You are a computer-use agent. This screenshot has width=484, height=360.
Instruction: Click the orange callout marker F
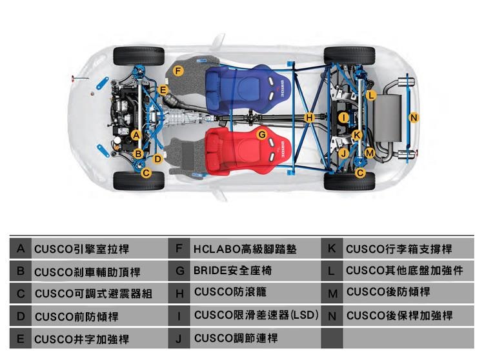[178, 71]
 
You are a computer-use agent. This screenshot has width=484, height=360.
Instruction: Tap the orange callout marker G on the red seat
[262, 134]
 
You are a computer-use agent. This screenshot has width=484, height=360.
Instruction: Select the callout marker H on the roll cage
[309, 117]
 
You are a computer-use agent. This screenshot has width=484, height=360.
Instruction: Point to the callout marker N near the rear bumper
[414, 117]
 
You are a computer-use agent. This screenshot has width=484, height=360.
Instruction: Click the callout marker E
[163, 90]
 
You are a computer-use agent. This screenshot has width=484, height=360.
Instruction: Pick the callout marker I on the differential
[343, 117]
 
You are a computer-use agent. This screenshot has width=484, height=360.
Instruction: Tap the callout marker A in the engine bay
[136, 135]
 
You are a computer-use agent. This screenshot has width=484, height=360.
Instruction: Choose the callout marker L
[371, 95]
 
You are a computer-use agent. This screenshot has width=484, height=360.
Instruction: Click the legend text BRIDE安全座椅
[232, 270]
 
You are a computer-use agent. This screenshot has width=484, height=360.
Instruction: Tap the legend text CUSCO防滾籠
[230, 292]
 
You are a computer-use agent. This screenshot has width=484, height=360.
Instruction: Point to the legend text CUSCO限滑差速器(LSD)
[256, 315]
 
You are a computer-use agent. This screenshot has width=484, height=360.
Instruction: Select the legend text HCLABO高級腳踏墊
[245, 248]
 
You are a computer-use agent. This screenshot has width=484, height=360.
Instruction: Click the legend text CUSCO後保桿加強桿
[399, 315]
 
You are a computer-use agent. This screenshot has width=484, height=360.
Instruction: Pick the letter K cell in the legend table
[332, 248]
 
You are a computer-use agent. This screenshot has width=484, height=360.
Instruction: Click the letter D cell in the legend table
[21, 316]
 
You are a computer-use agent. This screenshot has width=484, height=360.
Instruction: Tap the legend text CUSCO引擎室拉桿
[81, 249]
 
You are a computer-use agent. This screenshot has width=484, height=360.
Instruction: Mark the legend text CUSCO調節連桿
[236, 338]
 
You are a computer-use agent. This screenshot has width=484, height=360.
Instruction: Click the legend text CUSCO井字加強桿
[81, 339]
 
